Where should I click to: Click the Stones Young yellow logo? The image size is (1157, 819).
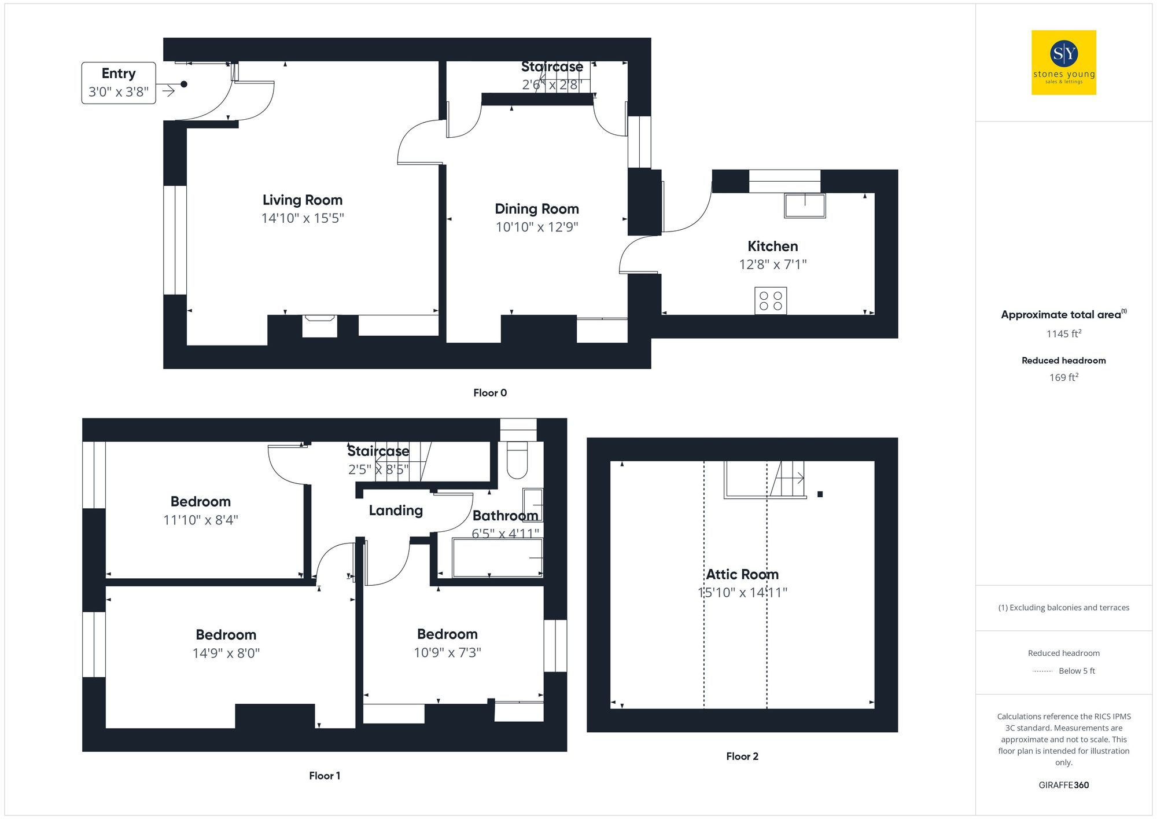[1063, 63]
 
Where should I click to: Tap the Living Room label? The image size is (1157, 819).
[303, 200]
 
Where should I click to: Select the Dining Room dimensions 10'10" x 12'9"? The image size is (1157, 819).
[537, 227]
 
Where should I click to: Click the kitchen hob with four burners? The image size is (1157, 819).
[771, 301]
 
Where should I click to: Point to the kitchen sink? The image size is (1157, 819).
[805, 205]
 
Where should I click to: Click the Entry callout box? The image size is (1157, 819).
[119, 83]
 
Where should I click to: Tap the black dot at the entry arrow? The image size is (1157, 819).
[184, 85]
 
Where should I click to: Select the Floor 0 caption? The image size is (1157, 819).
[490, 393]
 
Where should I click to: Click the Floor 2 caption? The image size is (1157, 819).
[742, 756]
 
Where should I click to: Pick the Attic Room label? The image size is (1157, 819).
[742, 574]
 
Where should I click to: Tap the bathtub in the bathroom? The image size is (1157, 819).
[498, 558]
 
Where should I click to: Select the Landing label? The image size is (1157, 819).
[396, 511]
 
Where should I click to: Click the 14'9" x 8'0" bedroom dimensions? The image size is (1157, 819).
[226, 653]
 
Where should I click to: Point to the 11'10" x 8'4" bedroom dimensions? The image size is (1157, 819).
[201, 520]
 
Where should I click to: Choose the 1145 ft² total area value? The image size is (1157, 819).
[1063, 334]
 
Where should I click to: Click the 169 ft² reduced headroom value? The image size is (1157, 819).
[1063, 377]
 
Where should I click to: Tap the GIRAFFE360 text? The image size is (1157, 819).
[1063, 785]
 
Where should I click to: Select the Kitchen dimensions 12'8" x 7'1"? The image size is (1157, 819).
[772, 265]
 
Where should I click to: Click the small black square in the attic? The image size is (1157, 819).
[820, 494]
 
